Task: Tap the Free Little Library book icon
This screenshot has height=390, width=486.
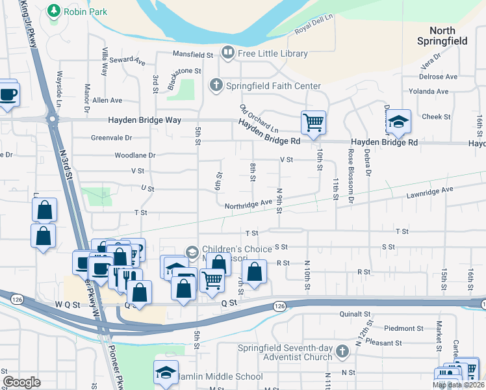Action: tap(228, 52)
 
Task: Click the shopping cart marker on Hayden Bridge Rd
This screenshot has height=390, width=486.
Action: tap(313, 122)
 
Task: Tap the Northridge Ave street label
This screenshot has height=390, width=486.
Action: tap(248, 203)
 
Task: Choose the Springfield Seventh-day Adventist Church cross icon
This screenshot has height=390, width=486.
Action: tap(342, 351)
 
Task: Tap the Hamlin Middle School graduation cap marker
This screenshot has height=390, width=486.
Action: tap(166, 373)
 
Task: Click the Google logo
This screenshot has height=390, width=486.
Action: tap(21, 382)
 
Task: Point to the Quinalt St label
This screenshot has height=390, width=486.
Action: tap(358, 313)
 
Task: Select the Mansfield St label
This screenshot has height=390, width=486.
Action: tap(193, 55)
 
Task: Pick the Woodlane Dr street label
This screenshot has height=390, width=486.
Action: tap(135, 155)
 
